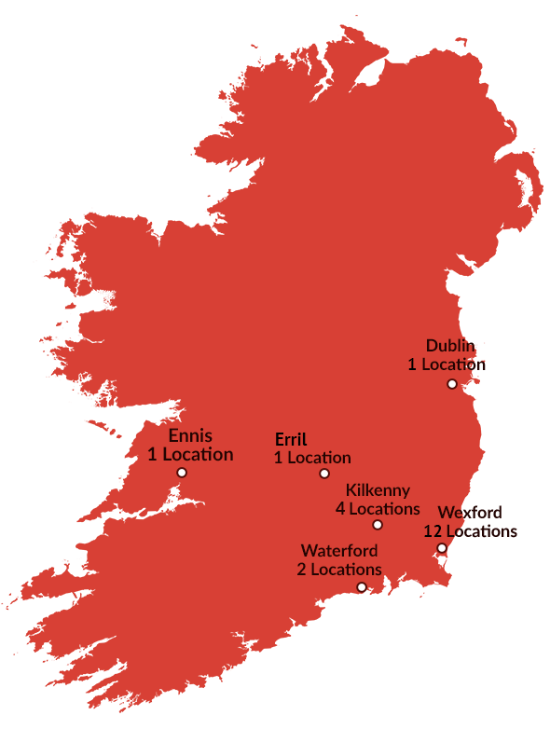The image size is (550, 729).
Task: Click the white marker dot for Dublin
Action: tap(452, 384)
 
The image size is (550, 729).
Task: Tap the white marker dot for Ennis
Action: tap(182, 473)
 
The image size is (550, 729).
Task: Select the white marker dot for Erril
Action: tap(324, 474)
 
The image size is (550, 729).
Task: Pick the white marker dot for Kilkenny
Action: tap(378, 525)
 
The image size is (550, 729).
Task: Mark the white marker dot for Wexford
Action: tap(442, 548)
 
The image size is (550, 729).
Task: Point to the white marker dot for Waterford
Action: tap(362, 586)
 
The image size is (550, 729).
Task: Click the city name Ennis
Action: tap(190, 436)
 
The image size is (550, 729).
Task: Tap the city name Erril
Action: tap(291, 440)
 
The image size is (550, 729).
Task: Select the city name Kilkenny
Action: tap(378, 491)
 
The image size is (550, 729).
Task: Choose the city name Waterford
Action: tap(339, 551)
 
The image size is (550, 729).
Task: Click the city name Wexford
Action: tap(470, 513)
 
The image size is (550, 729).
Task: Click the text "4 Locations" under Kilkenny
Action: tap(378, 509)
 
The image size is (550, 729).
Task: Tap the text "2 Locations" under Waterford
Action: tap(339, 570)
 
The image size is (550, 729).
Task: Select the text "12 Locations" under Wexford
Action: tap(470, 531)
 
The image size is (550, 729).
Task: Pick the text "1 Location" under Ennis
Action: tap(190, 455)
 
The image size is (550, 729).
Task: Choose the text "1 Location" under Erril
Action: tap(312, 458)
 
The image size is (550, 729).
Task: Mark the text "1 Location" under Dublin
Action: tap(447, 364)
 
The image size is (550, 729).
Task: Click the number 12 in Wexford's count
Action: tap(433, 531)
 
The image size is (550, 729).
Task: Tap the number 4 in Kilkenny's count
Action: tap(341, 509)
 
